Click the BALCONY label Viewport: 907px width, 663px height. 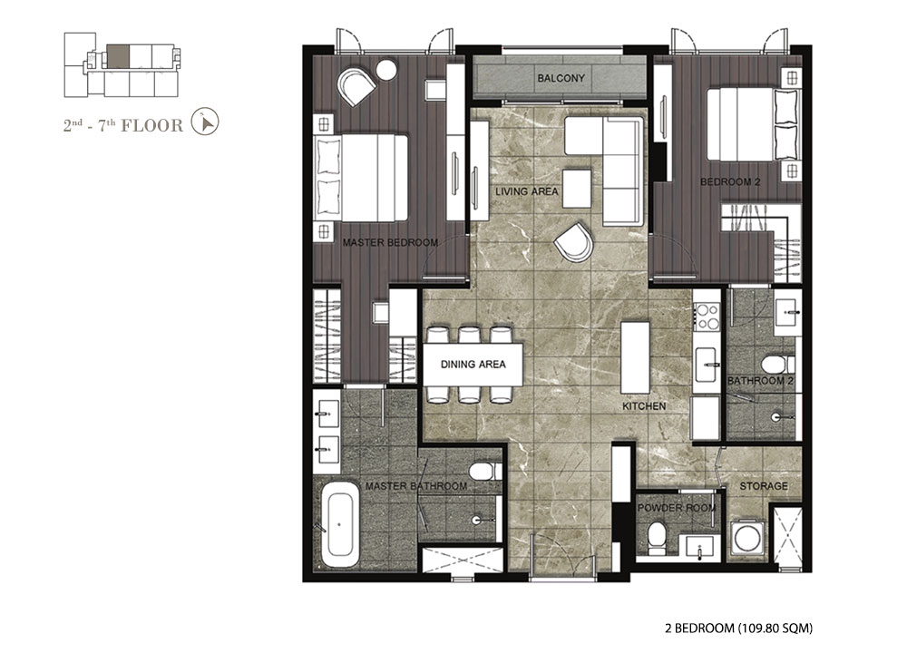pyautogui.click(x=561, y=78)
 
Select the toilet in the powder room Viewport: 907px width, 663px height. pyautogui.click(x=656, y=534)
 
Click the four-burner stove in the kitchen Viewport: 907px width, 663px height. pyautogui.click(x=707, y=317)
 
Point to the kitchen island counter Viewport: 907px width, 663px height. pyautogui.click(x=635, y=357)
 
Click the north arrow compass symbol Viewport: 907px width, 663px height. pyautogui.click(x=205, y=122)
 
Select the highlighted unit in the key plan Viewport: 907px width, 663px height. pyautogui.click(x=118, y=56)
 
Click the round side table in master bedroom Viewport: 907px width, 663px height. pyautogui.click(x=385, y=70)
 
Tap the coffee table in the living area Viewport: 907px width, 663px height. pyautogui.click(x=577, y=188)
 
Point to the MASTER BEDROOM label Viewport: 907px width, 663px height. pyautogui.click(x=390, y=242)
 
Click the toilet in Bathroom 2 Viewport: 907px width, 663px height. pyautogui.click(x=777, y=365)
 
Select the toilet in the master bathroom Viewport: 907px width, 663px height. pyautogui.click(x=484, y=471)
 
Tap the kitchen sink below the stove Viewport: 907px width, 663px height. pyautogui.click(x=707, y=365)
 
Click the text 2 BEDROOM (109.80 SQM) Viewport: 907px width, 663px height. pyautogui.click(x=738, y=628)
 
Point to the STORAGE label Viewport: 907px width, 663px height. pyautogui.click(x=764, y=486)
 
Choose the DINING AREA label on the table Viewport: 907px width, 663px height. pyautogui.click(x=473, y=364)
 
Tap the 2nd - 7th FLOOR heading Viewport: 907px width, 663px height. pyautogui.click(x=122, y=125)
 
